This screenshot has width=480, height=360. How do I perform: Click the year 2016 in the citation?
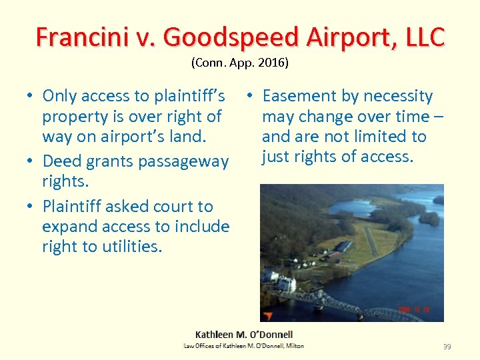pyautogui.click(x=273, y=63)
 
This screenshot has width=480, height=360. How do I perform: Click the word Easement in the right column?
pyautogui.click(x=297, y=96)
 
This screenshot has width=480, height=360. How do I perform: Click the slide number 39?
pyautogui.click(x=447, y=347)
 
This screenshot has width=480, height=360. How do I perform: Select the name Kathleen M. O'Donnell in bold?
pyautogui.click(x=243, y=335)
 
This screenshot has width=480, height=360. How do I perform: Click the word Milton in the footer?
pyautogui.click(x=294, y=345)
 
